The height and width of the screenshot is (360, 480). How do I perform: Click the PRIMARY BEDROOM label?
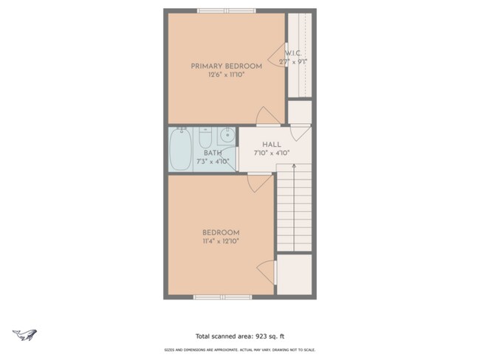226,66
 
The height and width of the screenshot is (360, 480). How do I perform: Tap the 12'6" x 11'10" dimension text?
226,75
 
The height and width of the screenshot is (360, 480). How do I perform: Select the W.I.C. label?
292,53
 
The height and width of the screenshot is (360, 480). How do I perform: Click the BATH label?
212,153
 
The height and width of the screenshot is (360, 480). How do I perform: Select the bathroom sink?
227,135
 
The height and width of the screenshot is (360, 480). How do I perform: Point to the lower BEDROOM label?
221,232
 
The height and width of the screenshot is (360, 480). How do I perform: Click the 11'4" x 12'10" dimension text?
221,241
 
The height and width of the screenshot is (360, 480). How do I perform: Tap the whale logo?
25,334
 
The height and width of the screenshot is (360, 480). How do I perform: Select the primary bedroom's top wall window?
227,10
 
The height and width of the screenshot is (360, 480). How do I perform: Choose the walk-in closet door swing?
276,52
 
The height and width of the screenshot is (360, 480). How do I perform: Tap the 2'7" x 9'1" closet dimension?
293,62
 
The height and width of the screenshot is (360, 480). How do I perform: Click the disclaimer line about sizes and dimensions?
239,350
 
